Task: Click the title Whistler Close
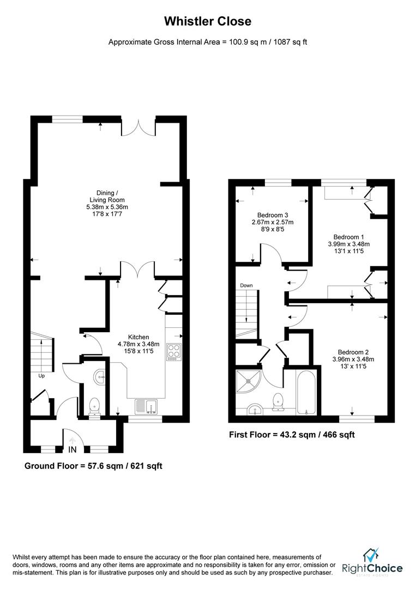(208, 22)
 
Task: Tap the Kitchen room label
(138, 344)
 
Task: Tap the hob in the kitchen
(174, 352)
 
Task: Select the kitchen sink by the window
(146, 405)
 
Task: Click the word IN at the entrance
(73, 450)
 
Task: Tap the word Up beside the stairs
(41, 376)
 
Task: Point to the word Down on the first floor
(246, 285)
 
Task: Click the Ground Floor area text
(93, 466)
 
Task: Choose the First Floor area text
(292, 435)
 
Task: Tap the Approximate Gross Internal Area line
(208, 42)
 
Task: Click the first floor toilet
(279, 401)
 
